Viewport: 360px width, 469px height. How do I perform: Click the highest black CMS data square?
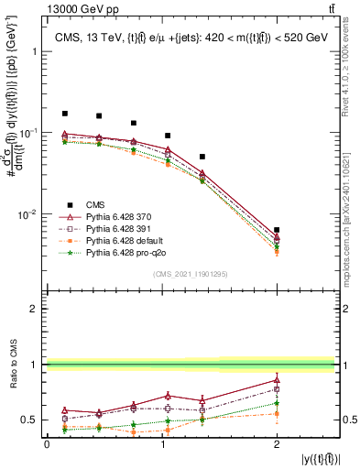point(64,114)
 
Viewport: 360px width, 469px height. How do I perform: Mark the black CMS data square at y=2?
point(277,230)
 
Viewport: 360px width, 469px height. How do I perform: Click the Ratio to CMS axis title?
point(12,365)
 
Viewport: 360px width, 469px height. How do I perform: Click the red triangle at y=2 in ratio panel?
point(277,379)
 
